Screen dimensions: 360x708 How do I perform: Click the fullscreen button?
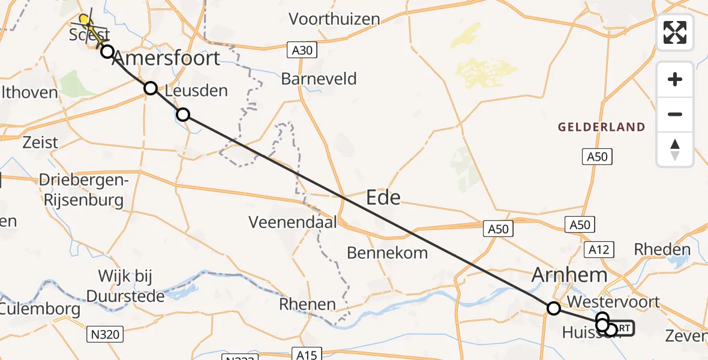(675, 32)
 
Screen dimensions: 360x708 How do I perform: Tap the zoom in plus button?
(675, 80)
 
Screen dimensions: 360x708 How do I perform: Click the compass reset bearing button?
(675, 149)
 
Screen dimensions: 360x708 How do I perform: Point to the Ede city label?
(383, 197)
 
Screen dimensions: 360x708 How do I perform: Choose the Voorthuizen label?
(334, 19)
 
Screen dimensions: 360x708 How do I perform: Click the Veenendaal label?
(293, 222)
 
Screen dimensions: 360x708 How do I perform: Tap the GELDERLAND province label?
(601, 127)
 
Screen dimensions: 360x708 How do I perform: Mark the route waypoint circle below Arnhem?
(554, 308)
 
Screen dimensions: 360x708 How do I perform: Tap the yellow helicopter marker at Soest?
(86, 20)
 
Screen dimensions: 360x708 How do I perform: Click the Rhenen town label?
(307, 304)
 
